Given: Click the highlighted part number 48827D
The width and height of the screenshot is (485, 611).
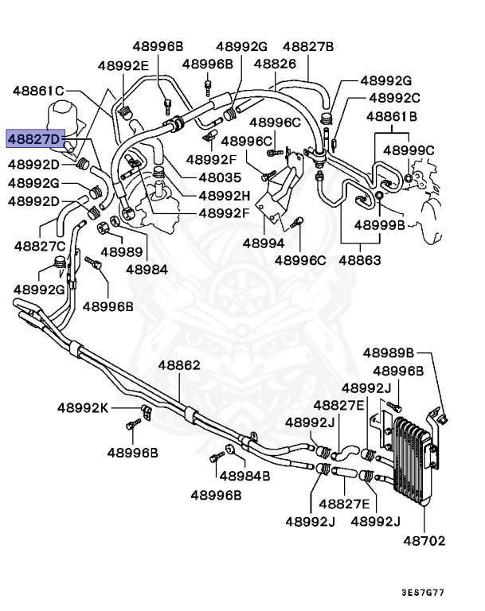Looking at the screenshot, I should click(36, 139).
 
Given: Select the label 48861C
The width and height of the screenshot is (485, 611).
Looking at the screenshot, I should click(37, 91).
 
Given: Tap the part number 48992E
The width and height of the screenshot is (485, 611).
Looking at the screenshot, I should click(123, 65).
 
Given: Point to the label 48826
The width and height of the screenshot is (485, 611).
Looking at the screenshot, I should click(271, 64).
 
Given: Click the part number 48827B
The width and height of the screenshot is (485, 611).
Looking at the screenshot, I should click(308, 46).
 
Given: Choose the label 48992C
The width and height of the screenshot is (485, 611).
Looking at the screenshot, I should click(394, 98).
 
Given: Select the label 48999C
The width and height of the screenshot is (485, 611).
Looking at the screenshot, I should click(409, 150).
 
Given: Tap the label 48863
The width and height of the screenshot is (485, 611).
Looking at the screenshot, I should click(359, 259).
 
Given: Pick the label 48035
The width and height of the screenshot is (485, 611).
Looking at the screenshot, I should click(219, 178).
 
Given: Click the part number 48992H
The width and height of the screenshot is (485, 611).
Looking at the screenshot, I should click(224, 196).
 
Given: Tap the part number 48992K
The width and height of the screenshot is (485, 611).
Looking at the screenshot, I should click(82, 408).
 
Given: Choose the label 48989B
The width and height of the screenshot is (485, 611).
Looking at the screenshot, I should click(389, 352).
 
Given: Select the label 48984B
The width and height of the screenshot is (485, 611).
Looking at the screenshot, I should click(245, 476).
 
